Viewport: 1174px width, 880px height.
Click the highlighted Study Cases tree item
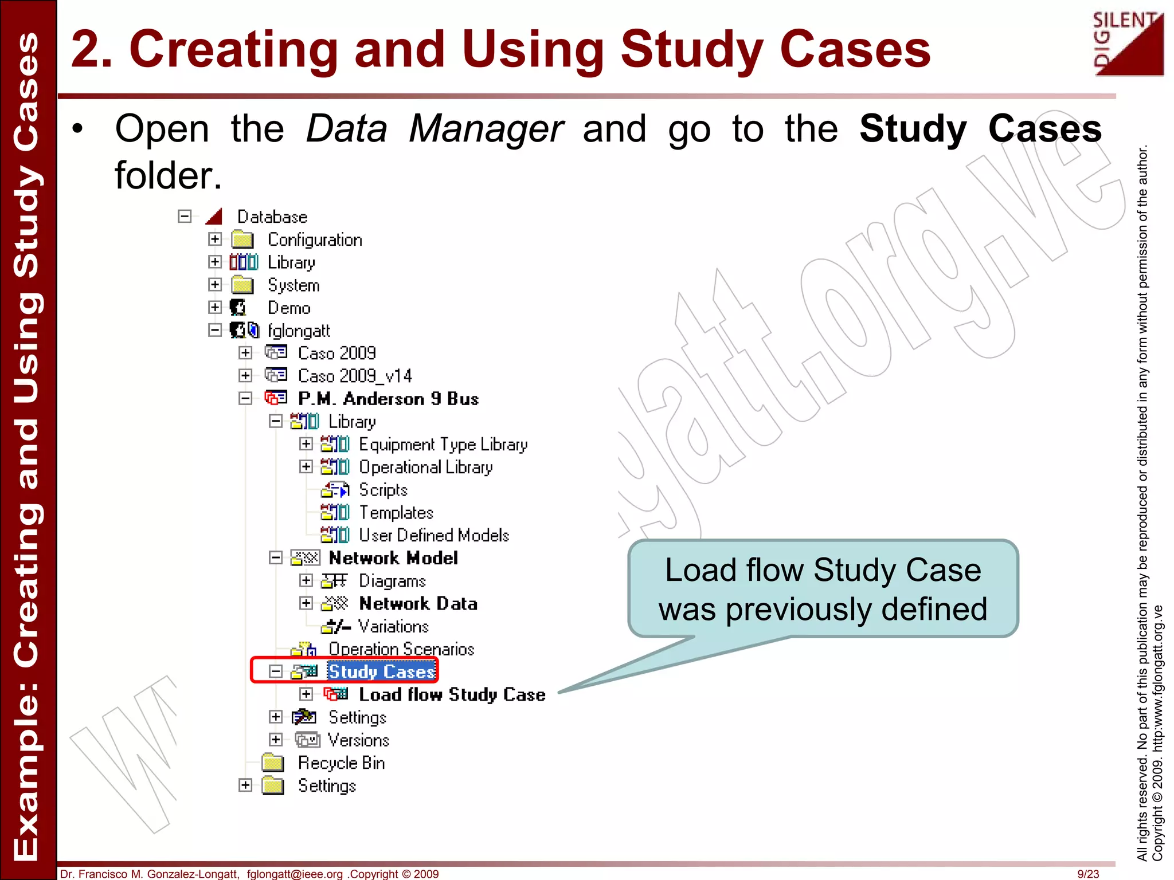381,671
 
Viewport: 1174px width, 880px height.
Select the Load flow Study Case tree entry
452,694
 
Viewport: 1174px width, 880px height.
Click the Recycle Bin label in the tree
341,763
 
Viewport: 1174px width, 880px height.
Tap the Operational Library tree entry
425,467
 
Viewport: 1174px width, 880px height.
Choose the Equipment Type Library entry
443,445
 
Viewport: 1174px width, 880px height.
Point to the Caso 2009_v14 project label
355,376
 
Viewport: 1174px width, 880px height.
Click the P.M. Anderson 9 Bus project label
388,399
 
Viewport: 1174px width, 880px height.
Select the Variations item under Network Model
393,626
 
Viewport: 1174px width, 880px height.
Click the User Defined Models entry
434,535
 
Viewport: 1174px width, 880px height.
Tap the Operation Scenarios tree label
401,649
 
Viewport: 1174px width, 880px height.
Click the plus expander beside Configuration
215,239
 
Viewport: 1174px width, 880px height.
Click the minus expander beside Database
185,217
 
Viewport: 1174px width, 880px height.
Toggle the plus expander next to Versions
276,740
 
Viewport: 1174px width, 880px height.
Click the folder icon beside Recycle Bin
273,763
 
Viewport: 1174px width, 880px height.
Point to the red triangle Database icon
214,217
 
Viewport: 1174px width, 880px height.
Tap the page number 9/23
1088,874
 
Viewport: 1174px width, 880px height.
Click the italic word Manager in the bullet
486,129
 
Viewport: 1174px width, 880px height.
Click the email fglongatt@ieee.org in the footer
295,874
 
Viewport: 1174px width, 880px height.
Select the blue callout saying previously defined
823,589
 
